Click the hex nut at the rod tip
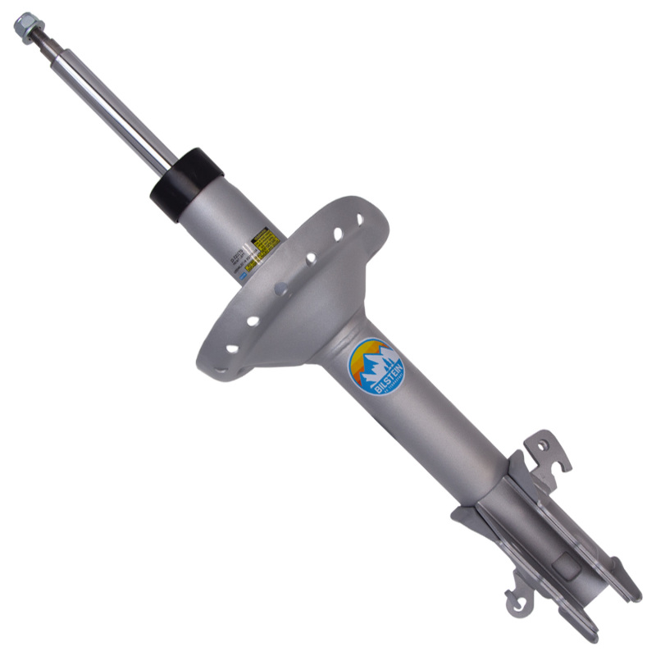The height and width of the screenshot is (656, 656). click(x=26, y=27)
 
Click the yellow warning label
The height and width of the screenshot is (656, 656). click(x=266, y=240)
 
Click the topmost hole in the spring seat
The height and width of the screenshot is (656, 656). click(x=359, y=221)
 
